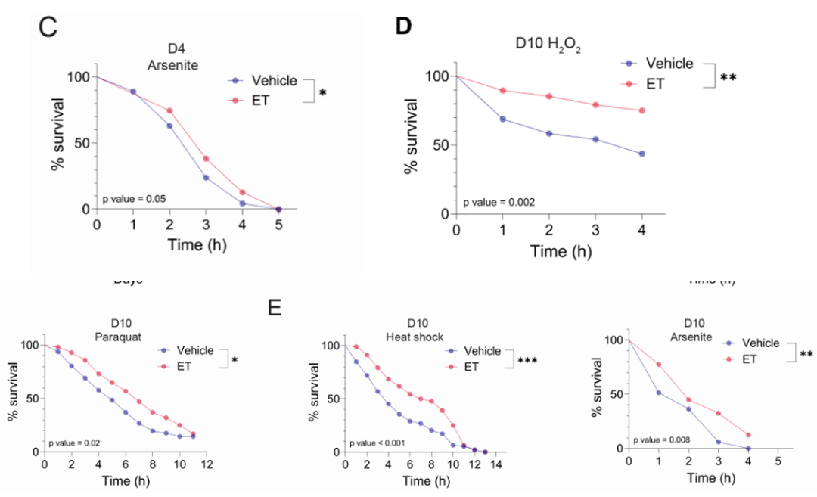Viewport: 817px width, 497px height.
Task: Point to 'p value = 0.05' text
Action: [x=135, y=199]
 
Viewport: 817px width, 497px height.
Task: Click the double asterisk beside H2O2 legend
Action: [x=728, y=77]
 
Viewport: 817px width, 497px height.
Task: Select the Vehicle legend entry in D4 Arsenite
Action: [x=265, y=81]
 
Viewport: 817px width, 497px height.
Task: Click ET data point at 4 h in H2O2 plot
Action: [x=642, y=110]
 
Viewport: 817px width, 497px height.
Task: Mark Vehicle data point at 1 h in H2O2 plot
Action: [x=502, y=120]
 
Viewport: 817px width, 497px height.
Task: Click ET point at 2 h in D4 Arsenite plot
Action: [x=169, y=111]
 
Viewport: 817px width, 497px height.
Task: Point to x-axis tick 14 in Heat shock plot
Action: [x=495, y=464]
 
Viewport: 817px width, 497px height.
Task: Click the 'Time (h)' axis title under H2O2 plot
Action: [x=561, y=251]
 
